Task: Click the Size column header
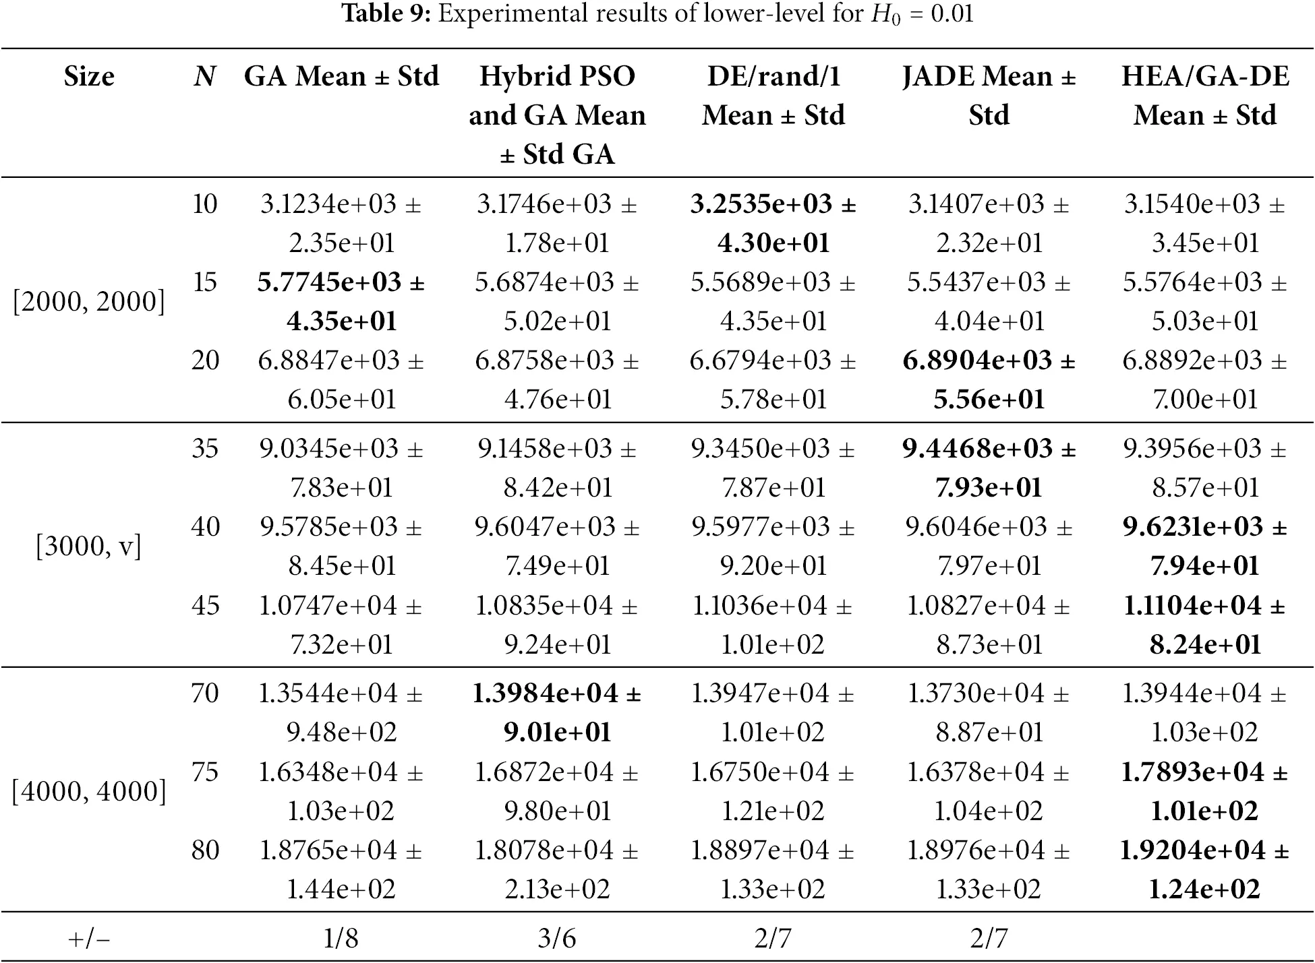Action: (89, 76)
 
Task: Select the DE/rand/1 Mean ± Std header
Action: (773, 96)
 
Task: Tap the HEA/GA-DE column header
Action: (1205, 96)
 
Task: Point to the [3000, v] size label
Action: (89, 546)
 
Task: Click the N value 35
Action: (205, 448)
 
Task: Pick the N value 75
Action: (205, 772)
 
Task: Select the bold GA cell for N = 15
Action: (341, 301)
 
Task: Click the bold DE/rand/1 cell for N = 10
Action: (773, 223)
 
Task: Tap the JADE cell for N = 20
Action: (989, 379)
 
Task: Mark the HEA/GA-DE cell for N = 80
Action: (1205, 869)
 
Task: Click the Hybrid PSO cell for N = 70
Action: (557, 712)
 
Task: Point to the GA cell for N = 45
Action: (341, 625)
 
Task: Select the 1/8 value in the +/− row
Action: (341, 938)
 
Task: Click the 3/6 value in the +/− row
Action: (557, 938)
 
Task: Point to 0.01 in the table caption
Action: (952, 13)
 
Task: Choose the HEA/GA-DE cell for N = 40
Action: (1205, 546)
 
